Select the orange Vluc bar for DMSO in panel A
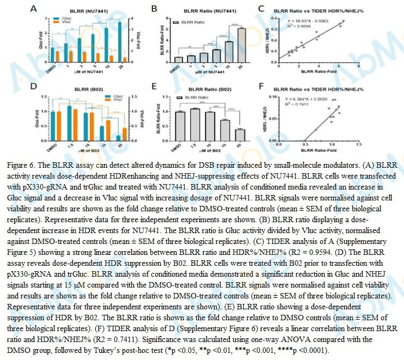(58, 56)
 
